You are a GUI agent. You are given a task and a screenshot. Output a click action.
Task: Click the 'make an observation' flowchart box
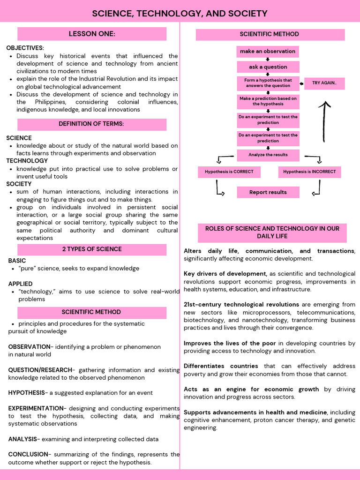click(x=268, y=51)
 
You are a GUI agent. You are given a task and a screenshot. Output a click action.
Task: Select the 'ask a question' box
click(x=268, y=67)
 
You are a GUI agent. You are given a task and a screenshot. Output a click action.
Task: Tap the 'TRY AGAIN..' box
click(x=324, y=83)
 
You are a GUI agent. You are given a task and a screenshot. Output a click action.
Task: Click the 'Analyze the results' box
click(x=268, y=155)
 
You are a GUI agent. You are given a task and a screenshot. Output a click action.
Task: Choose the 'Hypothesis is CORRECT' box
click(x=229, y=172)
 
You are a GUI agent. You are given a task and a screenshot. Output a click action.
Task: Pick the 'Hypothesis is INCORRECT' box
click(x=309, y=172)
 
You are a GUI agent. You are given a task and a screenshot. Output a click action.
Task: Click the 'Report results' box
click(x=268, y=192)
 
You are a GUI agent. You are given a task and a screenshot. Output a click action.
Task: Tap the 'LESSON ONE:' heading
click(x=92, y=34)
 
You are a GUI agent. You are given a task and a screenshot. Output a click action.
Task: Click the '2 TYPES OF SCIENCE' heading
click(x=92, y=249)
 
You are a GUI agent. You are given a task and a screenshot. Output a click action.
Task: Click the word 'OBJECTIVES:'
click(x=25, y=48)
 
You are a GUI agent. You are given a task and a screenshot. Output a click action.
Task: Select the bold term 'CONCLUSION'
click(x=28, y=454)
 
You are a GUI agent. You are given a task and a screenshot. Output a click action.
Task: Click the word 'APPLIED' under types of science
click(x=20, y=284)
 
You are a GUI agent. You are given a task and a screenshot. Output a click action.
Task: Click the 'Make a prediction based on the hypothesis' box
click(x=268, y=101)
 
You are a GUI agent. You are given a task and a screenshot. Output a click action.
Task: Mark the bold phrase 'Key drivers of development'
click(x=225, y=274)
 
